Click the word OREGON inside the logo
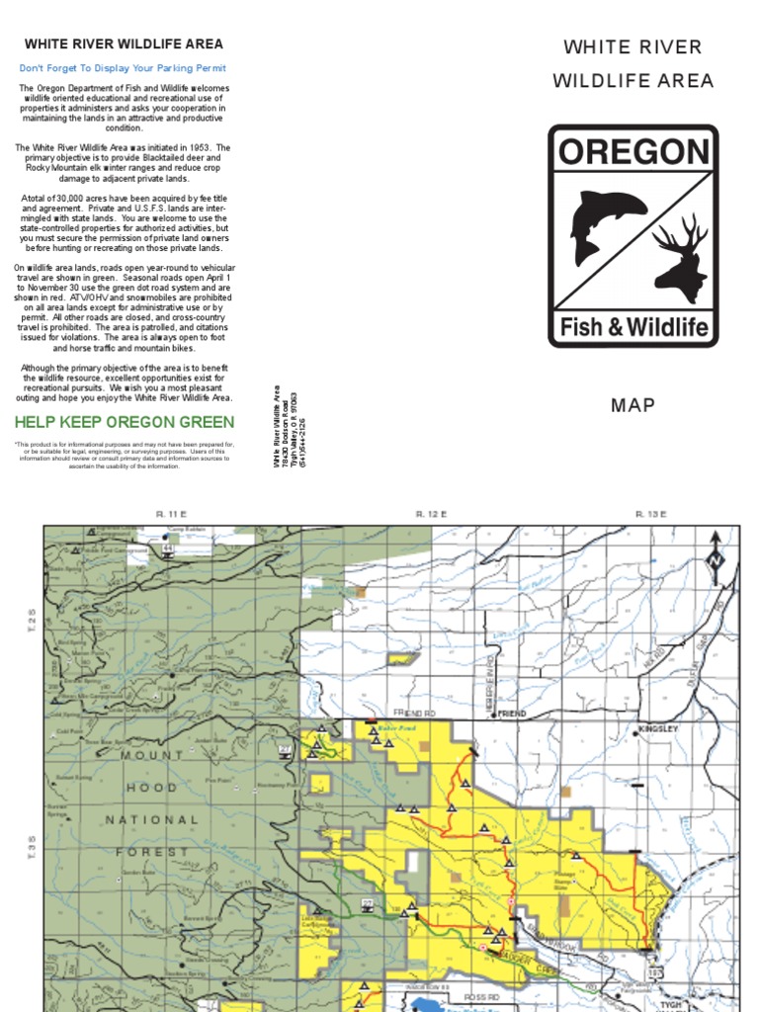point(633,153)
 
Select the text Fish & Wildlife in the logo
point(633,325)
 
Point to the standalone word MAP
point(633,405)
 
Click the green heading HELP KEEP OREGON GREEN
point(125,422)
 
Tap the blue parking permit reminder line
point(124,68)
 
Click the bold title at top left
point(124,44)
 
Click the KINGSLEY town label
point(657,729)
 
